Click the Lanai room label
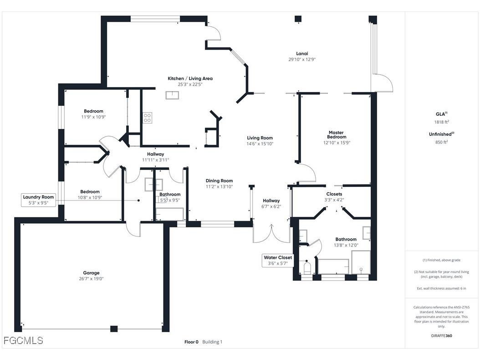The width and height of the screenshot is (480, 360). (x=301, y=53)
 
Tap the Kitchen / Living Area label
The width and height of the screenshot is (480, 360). (x=190, y=78)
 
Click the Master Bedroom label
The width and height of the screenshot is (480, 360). (x=337, y=135)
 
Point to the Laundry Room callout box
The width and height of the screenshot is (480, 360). (x=39, y=200)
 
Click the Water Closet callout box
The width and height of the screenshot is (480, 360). (x=278, y=260)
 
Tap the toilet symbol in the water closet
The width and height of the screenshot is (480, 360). (x=306, y=268)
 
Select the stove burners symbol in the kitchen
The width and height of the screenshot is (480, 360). (x=147, y=118)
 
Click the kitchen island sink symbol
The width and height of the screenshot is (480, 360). (x=172, y=95)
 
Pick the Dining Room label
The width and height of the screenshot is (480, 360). (x=219, y=180)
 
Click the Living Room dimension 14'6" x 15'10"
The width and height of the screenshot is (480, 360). (x=260, y=144)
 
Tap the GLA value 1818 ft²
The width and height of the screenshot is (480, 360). (x=441, y=122)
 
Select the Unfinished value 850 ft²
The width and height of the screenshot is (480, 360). (x=441, y=142)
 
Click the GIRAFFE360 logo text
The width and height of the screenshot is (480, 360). (x=441, y=336)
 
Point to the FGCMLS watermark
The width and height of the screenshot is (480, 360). (x=23, y=340)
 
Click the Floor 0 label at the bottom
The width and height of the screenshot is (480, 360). (x=191, y=342)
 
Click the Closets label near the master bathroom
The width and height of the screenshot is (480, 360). (x=334, y=194)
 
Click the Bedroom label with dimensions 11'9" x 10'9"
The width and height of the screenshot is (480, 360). (x=93, y=111)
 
